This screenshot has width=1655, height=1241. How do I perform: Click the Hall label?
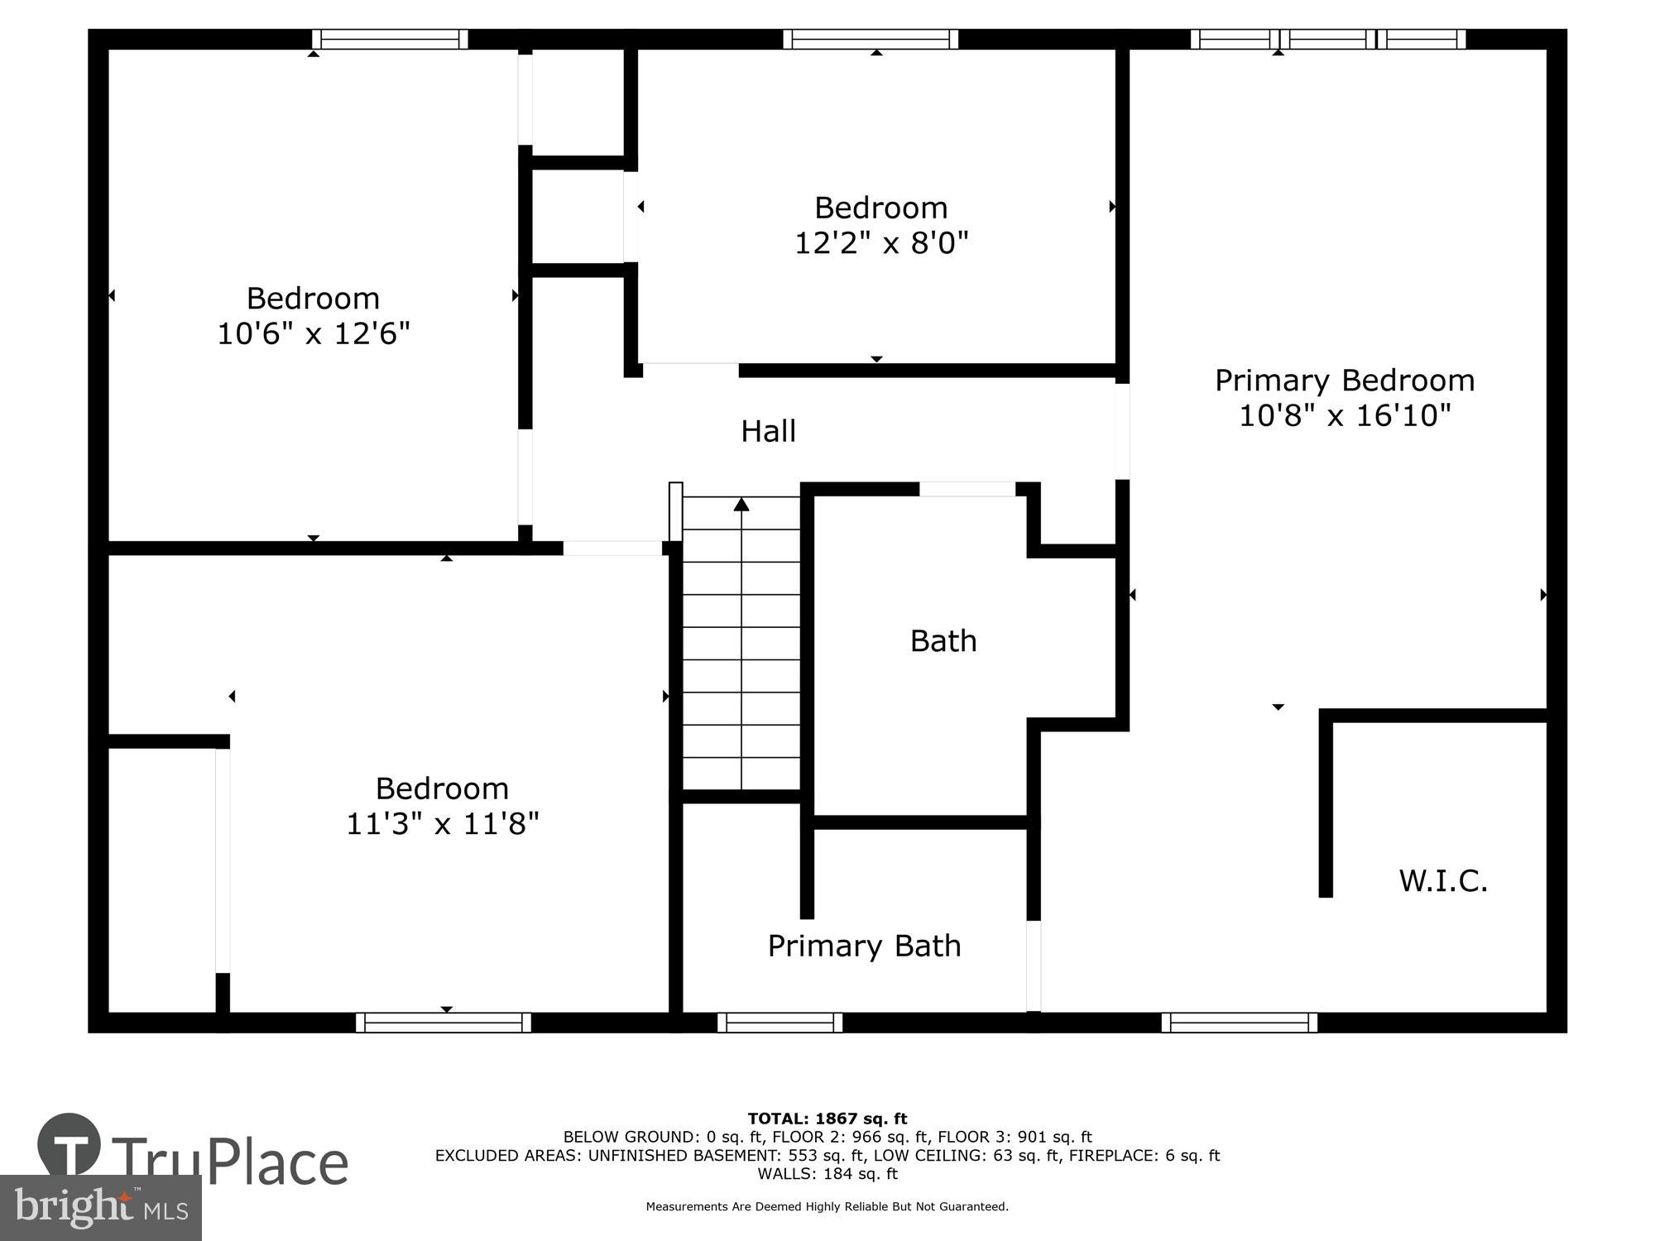pyautogui.click(x=768, y=431)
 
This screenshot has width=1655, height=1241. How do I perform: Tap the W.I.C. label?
pyautogui.click(x=1443, y=880)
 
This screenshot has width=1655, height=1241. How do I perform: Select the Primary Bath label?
pyautogui.click(x=864, y=946)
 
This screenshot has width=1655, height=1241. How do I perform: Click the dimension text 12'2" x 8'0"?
pyautogui.click(x=881, y=243)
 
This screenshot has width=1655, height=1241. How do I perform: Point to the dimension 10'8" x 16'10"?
pyautogui.click(x=1345, y=415)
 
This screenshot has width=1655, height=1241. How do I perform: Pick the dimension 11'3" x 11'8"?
pyautogui.click(x=442, y=824)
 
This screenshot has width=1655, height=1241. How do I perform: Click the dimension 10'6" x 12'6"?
pyautogui.click(x=314, y=333)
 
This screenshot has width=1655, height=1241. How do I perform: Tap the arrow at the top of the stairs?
pyautogui.click(x=741, y=504)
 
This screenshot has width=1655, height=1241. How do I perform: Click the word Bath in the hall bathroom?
pyautogui.click(x=943, y=641)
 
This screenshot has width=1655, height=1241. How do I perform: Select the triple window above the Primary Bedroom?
pyautogui.click(x=1327, y=39)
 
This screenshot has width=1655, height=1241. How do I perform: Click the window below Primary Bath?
pyautogui.click(x=780, y=1023)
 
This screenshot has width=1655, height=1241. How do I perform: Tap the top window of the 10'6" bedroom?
pyautogui.click(x=390, y=39)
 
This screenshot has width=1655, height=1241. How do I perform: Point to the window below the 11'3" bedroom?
pyautogui.click(x=444, y=1023)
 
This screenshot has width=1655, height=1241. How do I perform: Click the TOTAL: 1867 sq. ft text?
pyautogui.click(x=827, y=1119)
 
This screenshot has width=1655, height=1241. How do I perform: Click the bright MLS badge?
pyautogui.click(x=101, y=1209)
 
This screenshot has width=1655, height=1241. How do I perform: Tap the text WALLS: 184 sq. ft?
pyautogui.click(x=827, y=1173)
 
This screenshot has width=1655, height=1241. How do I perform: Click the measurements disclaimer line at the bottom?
pyautogui.click(x=827, y=1207)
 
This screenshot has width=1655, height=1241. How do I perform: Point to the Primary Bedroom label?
pyautogui.click(x=1345, y=381)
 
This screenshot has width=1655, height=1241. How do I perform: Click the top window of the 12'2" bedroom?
pyautogui.click(x=871, y=39)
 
